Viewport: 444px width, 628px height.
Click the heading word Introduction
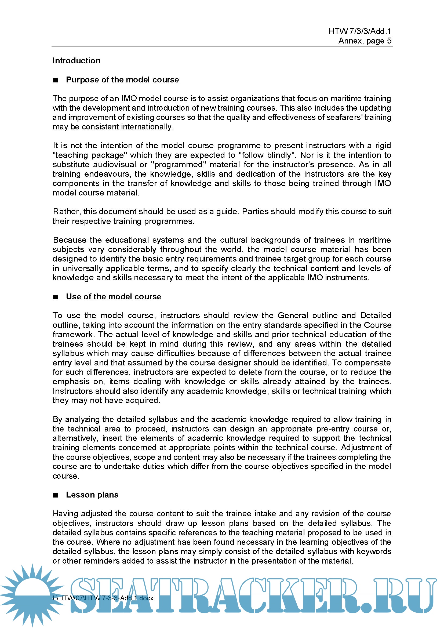pos(76,60)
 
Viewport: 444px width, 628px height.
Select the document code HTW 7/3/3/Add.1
pos(360,31)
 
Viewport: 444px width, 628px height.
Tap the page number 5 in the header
pos(389,41)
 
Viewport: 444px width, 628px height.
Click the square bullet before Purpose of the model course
pos(56,80)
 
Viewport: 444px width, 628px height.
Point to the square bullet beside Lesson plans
pos(56,495)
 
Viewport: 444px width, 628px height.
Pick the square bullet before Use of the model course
pos(56,297)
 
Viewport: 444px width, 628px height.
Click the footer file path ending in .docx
pos(103,598)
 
